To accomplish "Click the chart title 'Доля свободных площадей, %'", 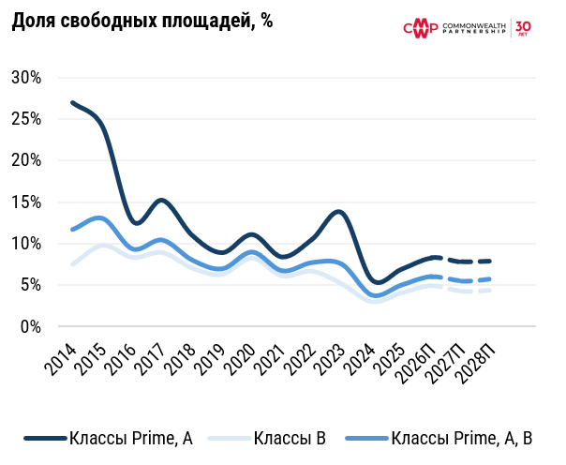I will click(x=142, y=22).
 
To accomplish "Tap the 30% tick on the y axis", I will click(x=25, y=77).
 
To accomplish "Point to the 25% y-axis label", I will click(x=25, y=118).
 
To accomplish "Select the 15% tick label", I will click(x=25, y=202).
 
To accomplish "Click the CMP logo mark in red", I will click(x=420, y=29).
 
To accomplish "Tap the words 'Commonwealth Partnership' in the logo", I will click(x=474, y=29).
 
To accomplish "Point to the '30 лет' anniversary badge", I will click(x=523, y=28).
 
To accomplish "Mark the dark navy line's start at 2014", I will click(x=72, y=102).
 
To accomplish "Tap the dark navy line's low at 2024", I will click(x=377, y=281).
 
